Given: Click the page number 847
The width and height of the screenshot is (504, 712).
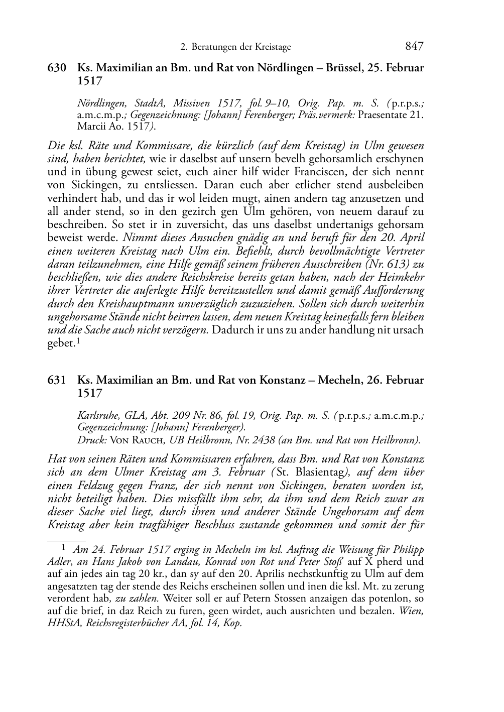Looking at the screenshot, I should [414, 46].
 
